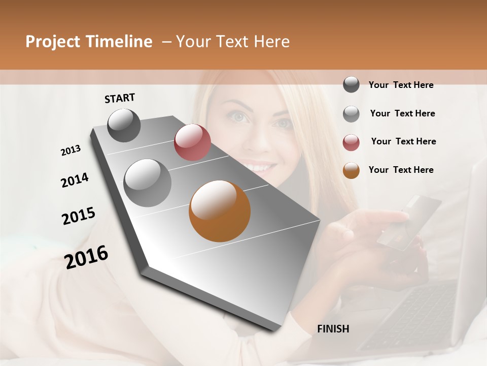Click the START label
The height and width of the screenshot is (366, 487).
120,98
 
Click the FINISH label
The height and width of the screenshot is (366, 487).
333,329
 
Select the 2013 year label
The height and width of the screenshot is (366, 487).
71,150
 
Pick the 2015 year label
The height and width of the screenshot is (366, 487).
79,216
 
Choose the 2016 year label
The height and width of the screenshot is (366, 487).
86,257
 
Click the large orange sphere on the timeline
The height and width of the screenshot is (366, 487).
220,211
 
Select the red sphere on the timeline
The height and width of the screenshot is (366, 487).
192,142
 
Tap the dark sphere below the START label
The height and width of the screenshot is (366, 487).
124,125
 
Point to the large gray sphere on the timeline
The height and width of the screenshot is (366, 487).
147,183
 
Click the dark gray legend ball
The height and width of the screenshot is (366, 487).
351,85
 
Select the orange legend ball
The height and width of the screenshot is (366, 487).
351,170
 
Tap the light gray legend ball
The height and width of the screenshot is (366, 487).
351,113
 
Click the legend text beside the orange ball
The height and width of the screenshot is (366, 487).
401,170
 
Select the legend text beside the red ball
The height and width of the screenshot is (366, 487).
403,141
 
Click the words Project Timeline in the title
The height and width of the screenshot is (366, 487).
89,42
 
